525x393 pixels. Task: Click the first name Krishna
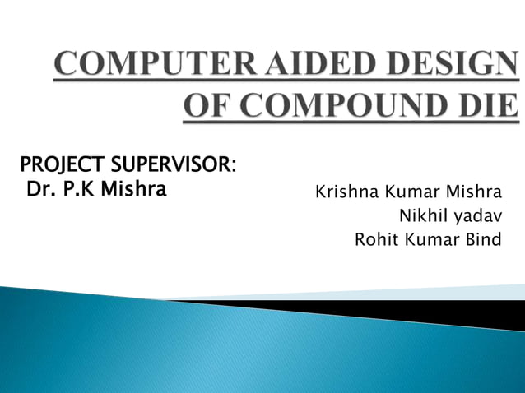coord(341,194)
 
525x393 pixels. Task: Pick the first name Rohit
coord(373,240)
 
